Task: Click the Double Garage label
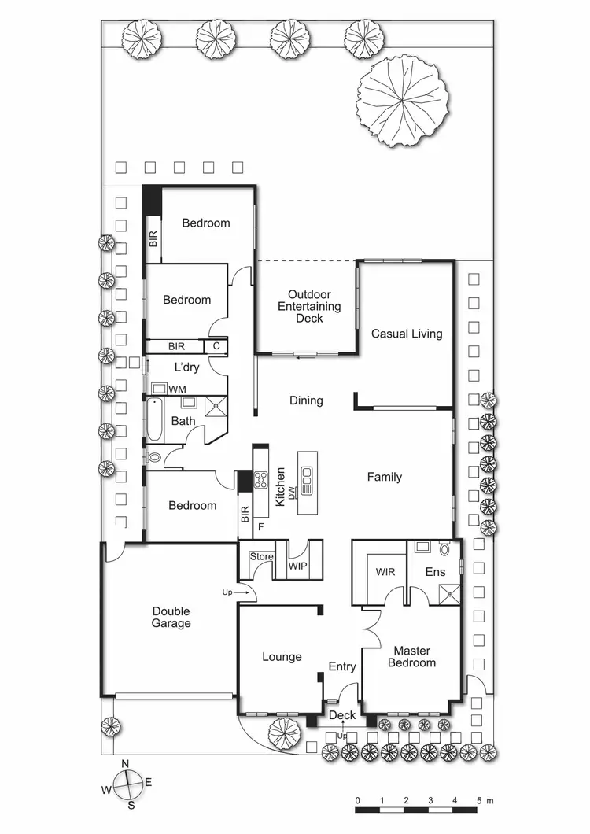click(x=171, y=618)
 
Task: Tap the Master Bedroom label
click(x=415, y=656)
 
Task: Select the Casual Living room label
click(x=407, y=334)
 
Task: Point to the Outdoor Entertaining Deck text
click(x=309, y=306)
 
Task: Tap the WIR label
click(x=385, y=571)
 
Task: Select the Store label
click(x=261, y=557)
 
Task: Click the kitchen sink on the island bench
click(x=307, y=475)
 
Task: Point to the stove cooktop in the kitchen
click(x=260, y=477)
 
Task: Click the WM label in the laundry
click(x=178, y=389)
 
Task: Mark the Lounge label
click(x=281, y=656)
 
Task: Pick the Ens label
click(x=435, y=571)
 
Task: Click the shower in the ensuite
click(x=451, y=593)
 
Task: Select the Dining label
click(x=306, y=400)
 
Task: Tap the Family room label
click(x=385, y=477)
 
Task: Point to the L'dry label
click(x=186, y=367)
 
